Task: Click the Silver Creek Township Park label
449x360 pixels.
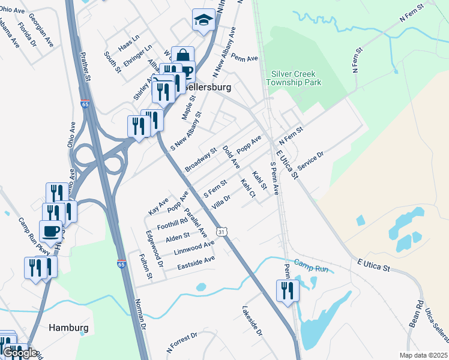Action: click(x=296, y=78)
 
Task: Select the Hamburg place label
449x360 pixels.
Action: click(x=68, y=328)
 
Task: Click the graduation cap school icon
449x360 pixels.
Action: click(x=203, y=20)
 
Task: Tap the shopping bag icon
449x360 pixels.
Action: click(x=182, y=58)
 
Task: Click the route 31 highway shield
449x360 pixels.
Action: click(x=222, y=231)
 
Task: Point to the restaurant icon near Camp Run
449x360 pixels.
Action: click(x=288, y=291)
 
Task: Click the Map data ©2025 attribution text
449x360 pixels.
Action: click(x=423, y=355)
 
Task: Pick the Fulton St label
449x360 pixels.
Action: click(x=146, y=267)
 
